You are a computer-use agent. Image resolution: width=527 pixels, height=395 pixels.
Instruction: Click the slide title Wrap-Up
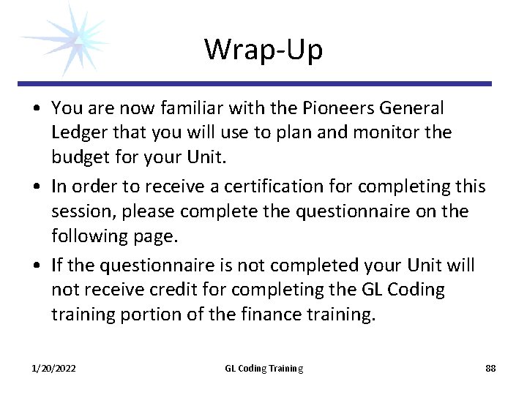click(x=263, y=50)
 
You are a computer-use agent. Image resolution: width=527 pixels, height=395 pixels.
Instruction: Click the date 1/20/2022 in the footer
click(x=53, y=369)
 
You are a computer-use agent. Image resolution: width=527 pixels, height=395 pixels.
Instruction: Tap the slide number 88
click(x=490, y=369)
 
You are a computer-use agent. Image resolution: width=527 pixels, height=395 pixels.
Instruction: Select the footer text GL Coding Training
click(x=263, y=369)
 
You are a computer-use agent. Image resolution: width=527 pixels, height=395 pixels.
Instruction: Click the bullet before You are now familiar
click(x=36, y=109)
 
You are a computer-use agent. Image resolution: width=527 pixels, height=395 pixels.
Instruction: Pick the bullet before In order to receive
click(x=36, y=187)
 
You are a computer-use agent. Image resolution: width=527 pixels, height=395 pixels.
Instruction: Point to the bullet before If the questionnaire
click(x=36, y=266)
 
